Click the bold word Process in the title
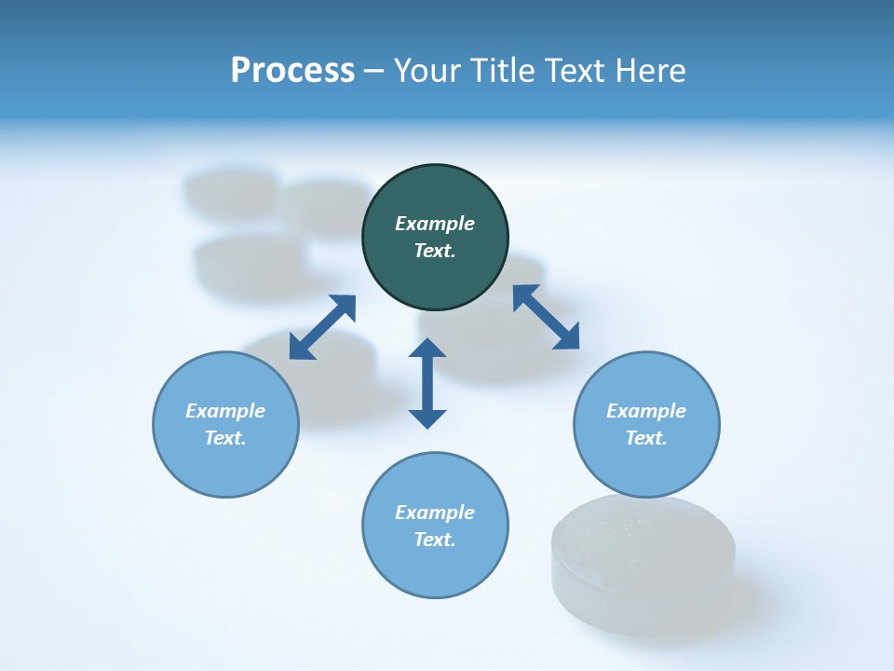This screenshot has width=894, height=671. (292, 70)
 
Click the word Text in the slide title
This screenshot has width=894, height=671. (574, 70)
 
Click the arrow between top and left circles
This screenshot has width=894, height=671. (322, 327)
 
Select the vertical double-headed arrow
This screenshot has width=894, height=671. (427, 383)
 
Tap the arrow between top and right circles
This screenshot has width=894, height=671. (546, 317)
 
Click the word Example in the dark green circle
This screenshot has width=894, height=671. (435, 224)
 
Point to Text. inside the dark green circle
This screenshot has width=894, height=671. (435, 251)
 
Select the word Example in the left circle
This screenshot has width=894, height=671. (225, 411)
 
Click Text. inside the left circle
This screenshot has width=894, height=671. (225, 438)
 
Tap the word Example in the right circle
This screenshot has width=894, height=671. (646, 411)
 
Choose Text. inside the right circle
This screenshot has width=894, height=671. (646, 438)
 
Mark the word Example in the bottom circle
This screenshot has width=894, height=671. (435, 513)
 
